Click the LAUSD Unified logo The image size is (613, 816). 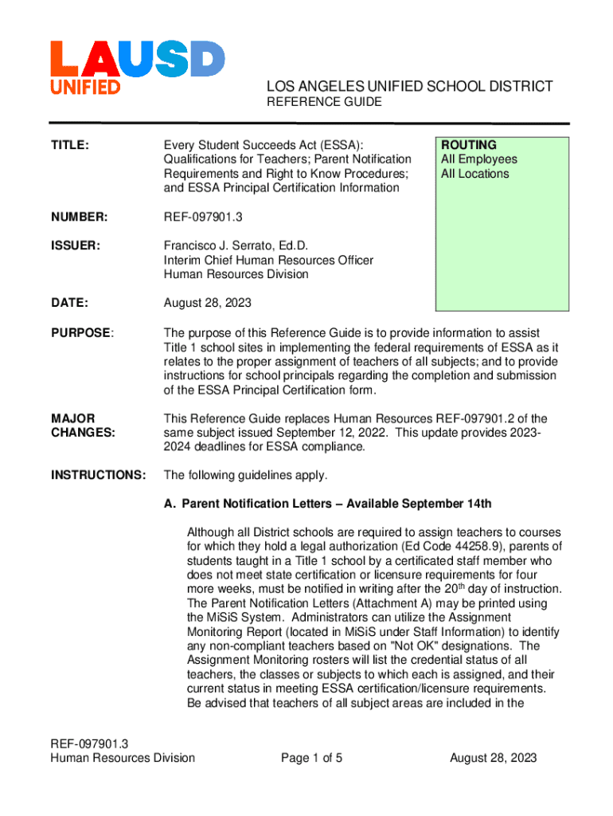tap(137, 68)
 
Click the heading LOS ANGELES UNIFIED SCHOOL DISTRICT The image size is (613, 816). tap(408, 86)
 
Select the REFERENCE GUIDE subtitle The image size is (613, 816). tap(312, 102)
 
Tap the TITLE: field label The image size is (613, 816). tap(70, 146)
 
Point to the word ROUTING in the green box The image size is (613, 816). tap(469, 145)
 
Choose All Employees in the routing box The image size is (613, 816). tap(478, 159)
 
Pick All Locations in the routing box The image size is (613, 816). tap(474, 174)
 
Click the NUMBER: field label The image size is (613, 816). tap(79, 218)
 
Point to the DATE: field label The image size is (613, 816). tap(69, 304)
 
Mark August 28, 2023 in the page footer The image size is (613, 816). tap(494, 758)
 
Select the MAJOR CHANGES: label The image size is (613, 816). tap(82, 426)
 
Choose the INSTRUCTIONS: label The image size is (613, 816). tap(98, 476)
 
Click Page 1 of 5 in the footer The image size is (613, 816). tap(311, 758)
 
